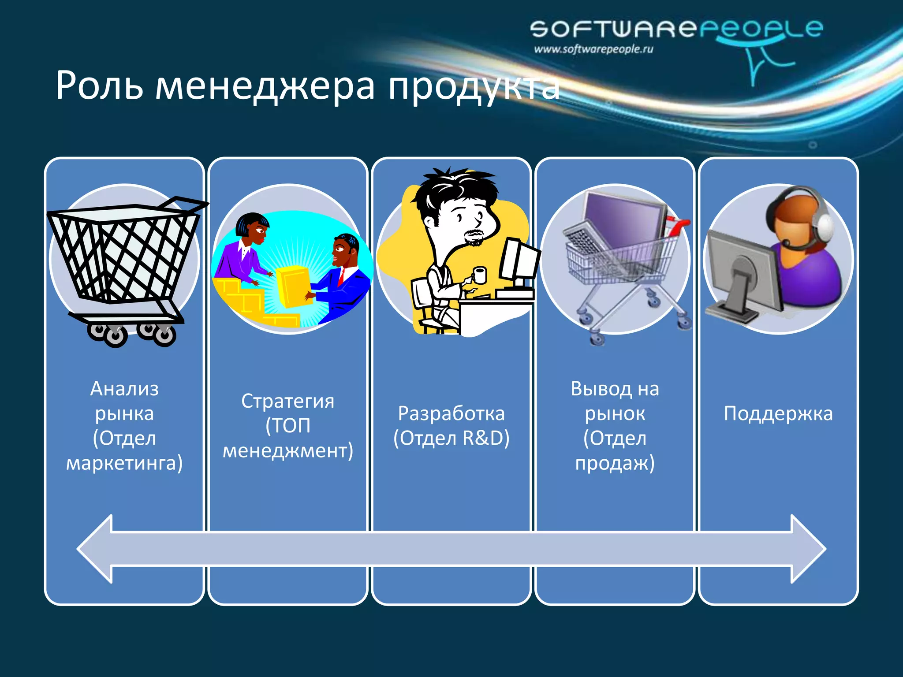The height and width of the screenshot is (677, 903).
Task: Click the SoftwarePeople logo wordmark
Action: (x=676, y=29)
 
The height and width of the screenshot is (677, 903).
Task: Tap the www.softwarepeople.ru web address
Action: (x=593, y=49)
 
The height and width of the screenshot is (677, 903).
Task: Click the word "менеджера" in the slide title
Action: (x=265, y=86)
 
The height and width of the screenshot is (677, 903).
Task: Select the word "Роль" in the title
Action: (x=99, y=86)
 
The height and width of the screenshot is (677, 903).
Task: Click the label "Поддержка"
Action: (x=778, y=414)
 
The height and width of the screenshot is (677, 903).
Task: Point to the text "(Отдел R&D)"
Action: (x=451, y=438)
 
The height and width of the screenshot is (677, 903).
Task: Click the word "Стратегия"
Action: (x=287, y=401)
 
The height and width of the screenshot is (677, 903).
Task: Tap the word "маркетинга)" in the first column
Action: (x=124, y=463)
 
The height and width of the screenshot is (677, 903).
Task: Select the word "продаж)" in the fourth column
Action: (x=615, y=463)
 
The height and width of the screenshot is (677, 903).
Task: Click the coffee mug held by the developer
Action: (x=479, y=275)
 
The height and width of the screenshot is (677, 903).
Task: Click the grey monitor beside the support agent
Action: (x=741, y=273)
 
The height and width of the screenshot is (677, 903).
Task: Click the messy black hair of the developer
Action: (x=454, y=185)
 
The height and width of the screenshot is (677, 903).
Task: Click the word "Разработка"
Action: (x=451, y=413)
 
